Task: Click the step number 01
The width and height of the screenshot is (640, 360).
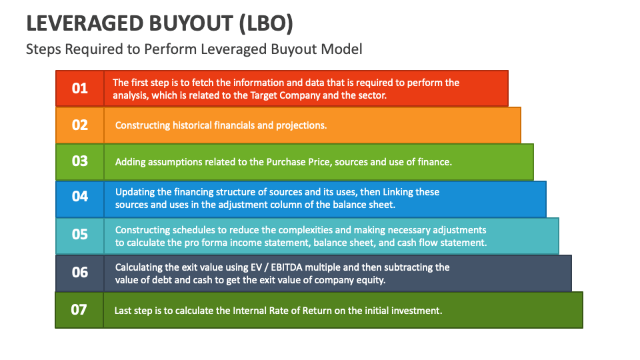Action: [79, 88]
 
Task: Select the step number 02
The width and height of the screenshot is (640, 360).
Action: [79, 125]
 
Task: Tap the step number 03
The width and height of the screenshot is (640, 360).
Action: [79, 161]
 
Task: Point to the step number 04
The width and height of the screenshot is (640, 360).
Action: [79, 197]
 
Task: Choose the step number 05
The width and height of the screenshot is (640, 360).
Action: [79, 235]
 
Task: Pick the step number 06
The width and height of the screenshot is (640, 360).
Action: [79, 272]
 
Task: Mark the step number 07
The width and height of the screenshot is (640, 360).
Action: [79, 309]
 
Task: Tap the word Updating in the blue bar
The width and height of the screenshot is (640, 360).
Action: [136, 192]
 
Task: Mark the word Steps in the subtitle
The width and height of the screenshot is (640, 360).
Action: [41, 49]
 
